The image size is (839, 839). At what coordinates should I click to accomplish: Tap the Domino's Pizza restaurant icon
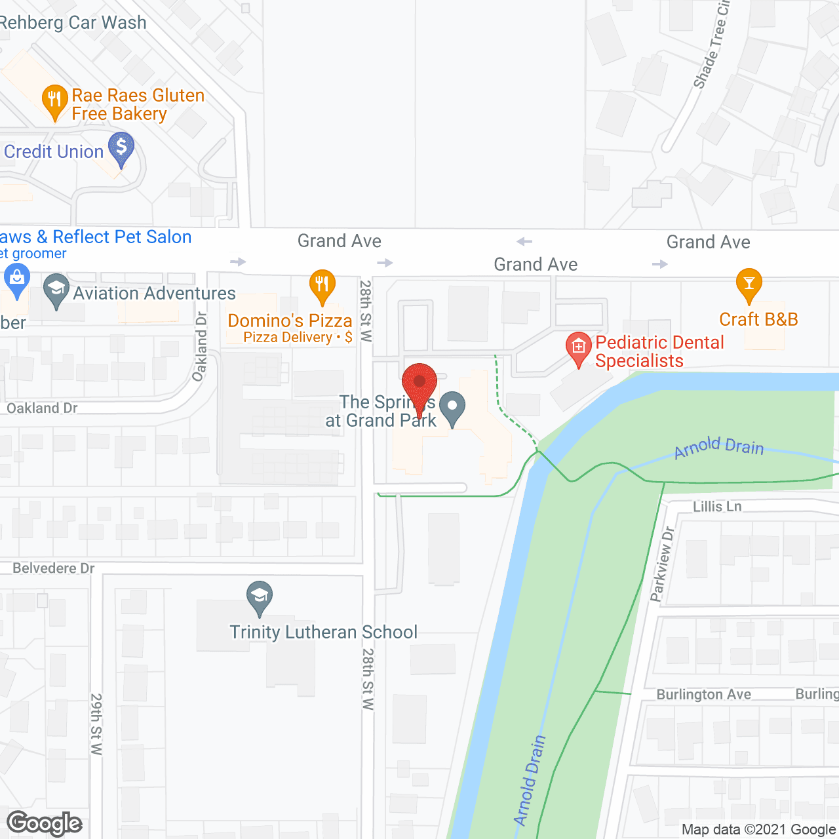(x=322, y=284)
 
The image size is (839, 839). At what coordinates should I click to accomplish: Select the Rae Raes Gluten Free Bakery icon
(x=54, y=101)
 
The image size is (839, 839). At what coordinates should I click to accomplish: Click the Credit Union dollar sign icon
(x=121, y=147)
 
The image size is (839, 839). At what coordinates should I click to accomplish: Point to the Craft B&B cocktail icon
(x=749, y=284)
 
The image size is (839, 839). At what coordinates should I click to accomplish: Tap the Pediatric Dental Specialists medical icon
(x=579, y=346)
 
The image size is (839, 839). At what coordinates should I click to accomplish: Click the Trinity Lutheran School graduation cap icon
(x=260, y=596)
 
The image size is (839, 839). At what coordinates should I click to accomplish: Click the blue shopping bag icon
(x=17, y=278)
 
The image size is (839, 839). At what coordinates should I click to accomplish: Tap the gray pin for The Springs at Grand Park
(x=452, y=407)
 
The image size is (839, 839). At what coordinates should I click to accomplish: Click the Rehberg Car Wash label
(x=73, y=22)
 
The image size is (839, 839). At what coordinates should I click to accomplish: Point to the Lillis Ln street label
(x=717, y=507)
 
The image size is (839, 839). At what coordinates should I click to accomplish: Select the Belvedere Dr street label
(x=54, y=568)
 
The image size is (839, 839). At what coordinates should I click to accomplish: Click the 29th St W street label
(x=96, y=724)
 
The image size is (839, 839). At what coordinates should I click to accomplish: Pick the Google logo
(x=45, y=823)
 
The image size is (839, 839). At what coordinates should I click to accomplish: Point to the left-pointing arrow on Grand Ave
(x=524, y=242)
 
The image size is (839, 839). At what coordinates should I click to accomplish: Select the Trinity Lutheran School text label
(x=323, y=632)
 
